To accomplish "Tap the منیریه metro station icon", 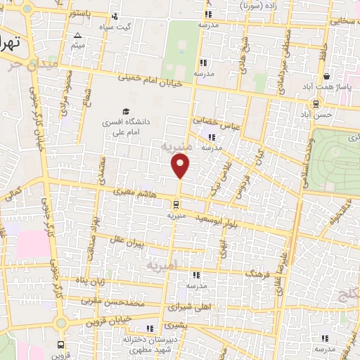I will pos(176,205).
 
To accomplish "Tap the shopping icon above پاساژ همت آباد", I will pos(327,77).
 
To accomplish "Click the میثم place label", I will pos(77,45).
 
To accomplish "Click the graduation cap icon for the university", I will pos(126,112).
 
